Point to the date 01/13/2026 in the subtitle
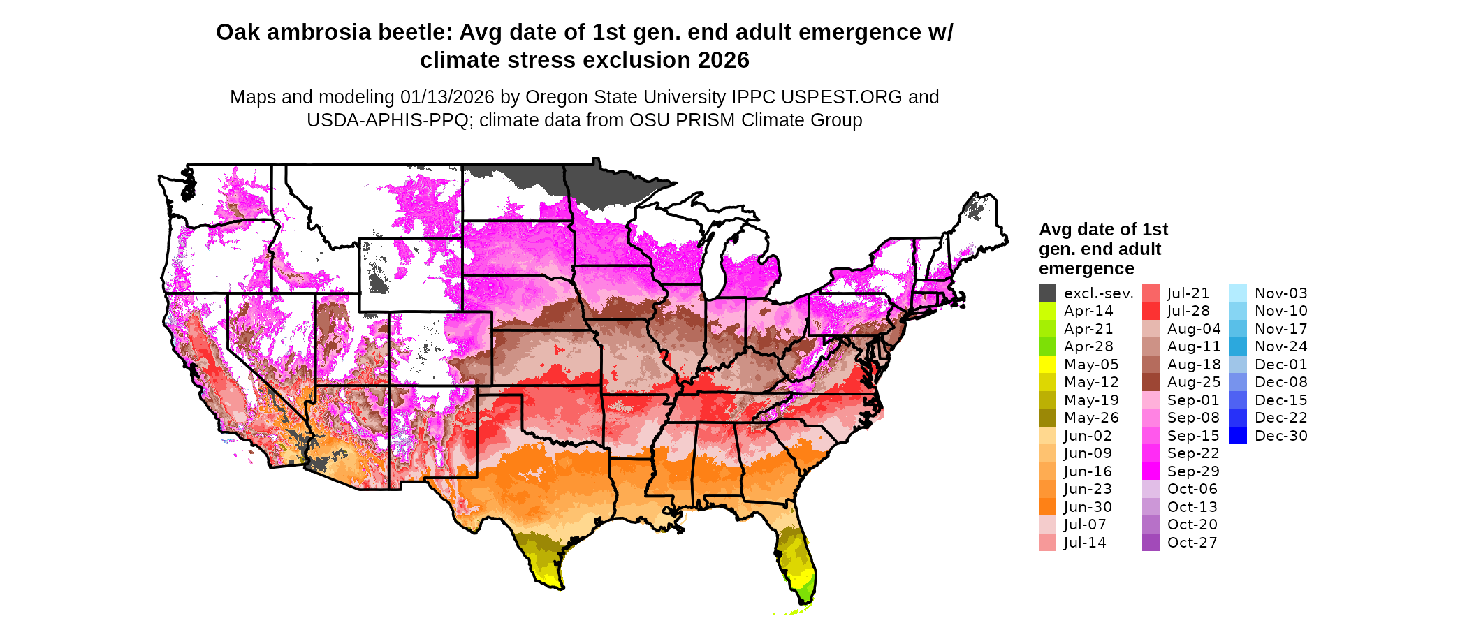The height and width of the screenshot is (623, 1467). pos(447,97)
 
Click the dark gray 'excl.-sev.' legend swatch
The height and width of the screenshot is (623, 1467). pos(1047,293)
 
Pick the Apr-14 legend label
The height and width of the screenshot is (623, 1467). pos(1088,311)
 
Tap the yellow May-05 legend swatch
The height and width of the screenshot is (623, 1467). pos(1047,365)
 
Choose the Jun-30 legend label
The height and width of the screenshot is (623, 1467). pos(1088,507)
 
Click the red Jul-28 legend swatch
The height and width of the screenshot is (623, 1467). pos(1151,311)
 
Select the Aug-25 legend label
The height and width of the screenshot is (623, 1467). pos(1194,382)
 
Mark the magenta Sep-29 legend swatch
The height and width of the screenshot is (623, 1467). pos(1151,471)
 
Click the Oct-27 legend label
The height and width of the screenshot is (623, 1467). pos(1192,543)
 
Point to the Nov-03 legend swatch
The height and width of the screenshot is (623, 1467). pos(1237,293)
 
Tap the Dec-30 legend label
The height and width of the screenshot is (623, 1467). pos(1280,436)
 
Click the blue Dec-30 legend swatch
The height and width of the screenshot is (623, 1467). pos(1237,436)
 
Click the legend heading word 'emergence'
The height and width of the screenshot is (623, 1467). pos(1086,269)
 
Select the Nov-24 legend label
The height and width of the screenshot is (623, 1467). pos(1280,346)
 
